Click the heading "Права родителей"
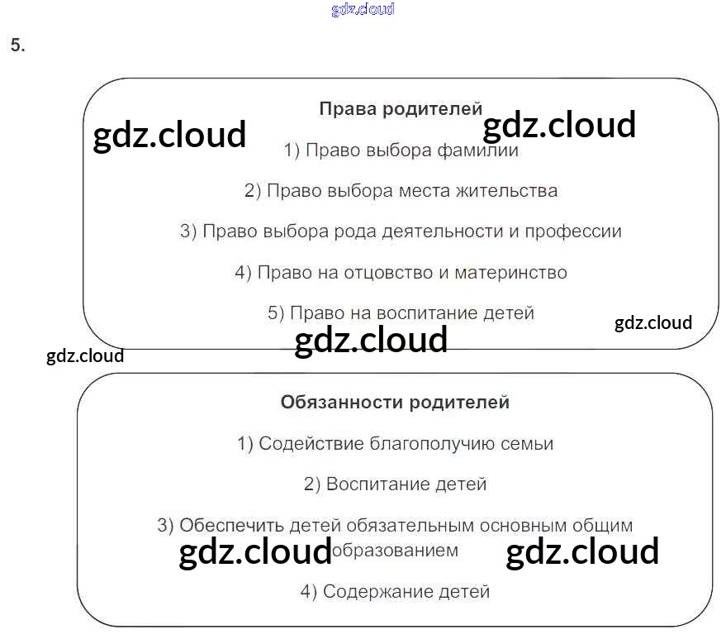(401, 109)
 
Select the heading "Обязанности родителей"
(395, 403)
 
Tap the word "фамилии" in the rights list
(482, 150)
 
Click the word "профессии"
(576, 231)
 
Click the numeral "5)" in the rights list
(276, 313)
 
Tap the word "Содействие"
(301, 444)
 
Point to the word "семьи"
(527, 444)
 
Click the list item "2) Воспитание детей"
(395, 484)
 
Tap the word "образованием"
(393, 551)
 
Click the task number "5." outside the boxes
(17, 46)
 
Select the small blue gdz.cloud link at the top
(362, 9)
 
